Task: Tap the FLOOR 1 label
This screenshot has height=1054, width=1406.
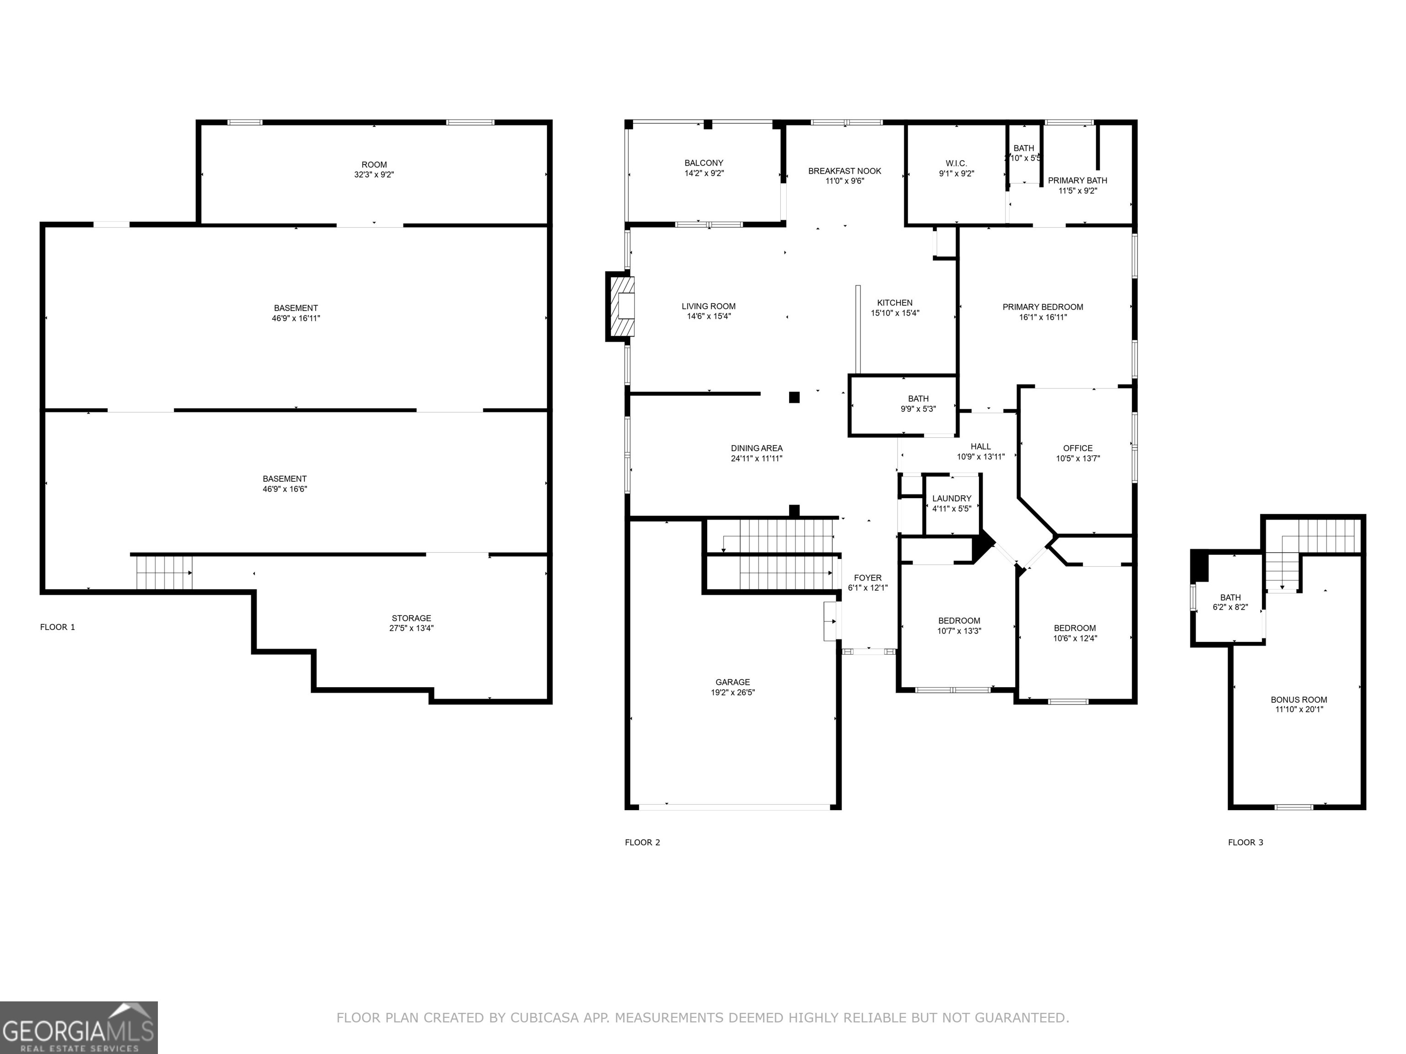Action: pyautogui.click(x=57, y=627)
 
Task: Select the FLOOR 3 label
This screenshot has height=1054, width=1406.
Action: pyautogui.click(x=1245, y=843)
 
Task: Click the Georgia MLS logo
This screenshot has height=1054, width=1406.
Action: pyautogui.click(x=78, y=1027)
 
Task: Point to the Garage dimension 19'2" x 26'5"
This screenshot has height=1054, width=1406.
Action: pyautogui.click(x=732, y=693)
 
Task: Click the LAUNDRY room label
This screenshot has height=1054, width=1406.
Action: pyautogui.click(x=952, y=499)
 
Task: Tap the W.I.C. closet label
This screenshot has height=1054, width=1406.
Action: pyautogui.click(x=956, y=163)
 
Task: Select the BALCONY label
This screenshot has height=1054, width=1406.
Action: pyautogui.click(x=703, y=163)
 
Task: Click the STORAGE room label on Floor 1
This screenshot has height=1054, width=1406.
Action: pyautogui.click(x=411, y=618)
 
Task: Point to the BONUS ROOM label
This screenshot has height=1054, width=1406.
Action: pyautogui.click(x=1298, y=699)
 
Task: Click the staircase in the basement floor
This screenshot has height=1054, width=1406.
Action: pyautogui.click(x=164, y=572)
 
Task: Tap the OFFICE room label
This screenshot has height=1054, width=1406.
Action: pyautogui.click(x=1077, y=448)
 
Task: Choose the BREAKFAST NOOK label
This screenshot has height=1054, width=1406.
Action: pyautogui.click(x=844, y=171)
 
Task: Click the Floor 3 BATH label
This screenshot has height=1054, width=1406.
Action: pyautogui.click(x=1230, y=597)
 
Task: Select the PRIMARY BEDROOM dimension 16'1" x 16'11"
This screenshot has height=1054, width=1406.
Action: pyautogui.click(x=1043, y=317)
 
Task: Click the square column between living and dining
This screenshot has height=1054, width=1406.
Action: pyautogui.click(x=794, y=398)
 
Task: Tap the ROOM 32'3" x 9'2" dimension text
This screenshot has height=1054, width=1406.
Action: pyautogui.click(x=374, y=175)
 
